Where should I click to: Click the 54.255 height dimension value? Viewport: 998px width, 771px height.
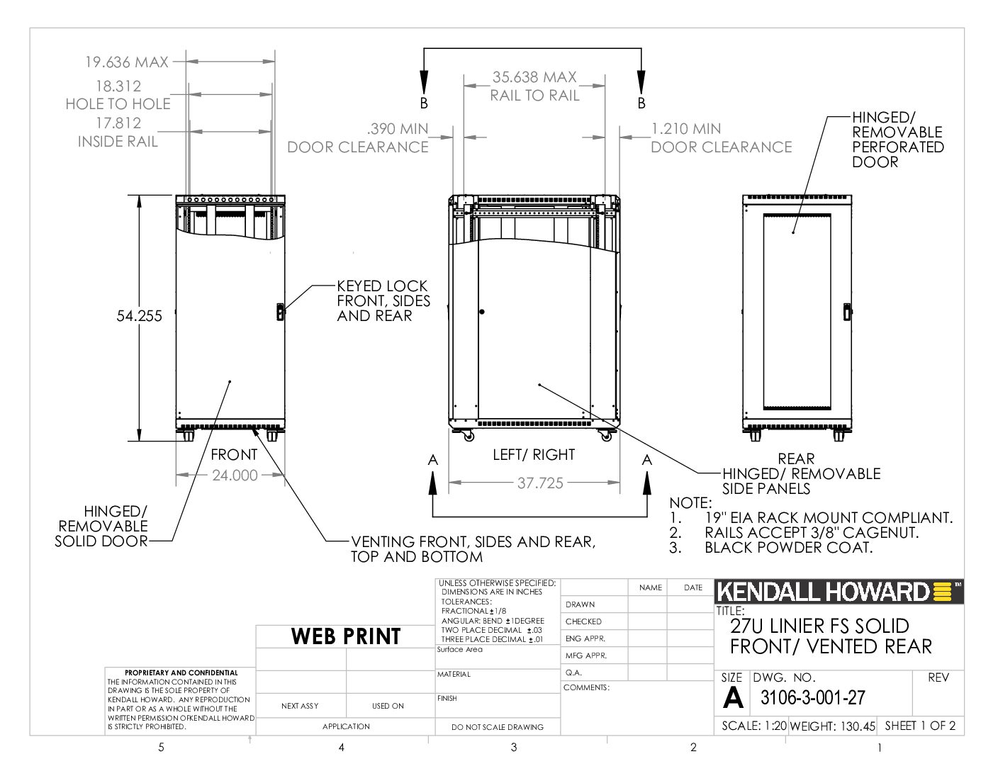point(139,316)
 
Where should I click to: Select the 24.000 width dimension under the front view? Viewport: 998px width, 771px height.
point(235,475)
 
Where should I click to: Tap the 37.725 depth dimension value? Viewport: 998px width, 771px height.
point(540,483)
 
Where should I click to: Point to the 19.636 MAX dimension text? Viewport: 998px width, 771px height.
point(127,62)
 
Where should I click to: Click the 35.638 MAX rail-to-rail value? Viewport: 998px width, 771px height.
point(534,77)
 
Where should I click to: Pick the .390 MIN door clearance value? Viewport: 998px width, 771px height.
point(397,128)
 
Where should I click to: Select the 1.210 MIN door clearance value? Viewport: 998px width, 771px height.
point(686,128)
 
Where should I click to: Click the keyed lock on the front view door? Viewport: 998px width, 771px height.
point(280,312)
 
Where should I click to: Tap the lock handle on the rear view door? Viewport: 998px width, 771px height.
point(847,312)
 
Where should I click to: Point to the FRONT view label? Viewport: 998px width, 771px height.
point(234,455)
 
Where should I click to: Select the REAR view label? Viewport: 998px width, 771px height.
point(796,458)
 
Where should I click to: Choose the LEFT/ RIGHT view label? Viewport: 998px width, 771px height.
point(534,455)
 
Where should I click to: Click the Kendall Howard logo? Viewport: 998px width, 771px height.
point(839,592)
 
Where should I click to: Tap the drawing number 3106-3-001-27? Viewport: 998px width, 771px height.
point(813,697)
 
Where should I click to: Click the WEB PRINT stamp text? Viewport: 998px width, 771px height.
point(346,636)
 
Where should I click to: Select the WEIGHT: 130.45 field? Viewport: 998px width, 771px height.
point(832,726)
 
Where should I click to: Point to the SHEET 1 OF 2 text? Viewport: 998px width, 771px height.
point(920,726)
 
